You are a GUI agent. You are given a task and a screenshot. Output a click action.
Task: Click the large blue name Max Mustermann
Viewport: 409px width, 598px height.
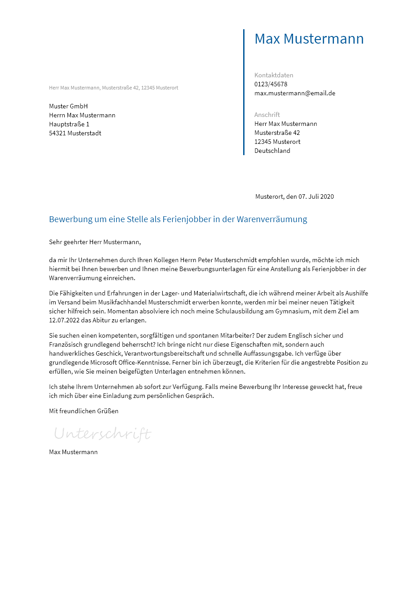pos(309,39)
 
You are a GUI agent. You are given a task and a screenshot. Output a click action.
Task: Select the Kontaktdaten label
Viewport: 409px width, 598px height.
pos(274,75)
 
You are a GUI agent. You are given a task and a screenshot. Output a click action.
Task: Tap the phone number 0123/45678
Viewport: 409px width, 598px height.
pos(271,84)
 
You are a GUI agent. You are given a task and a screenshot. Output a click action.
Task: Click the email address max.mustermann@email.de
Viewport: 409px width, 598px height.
pos(295,93)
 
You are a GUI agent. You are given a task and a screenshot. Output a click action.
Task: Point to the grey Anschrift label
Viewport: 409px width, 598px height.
pos(267,115)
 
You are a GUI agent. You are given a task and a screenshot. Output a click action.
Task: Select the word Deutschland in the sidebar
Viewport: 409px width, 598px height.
pos(272,151)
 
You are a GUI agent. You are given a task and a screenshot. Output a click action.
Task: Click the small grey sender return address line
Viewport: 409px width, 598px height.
pos(113,88)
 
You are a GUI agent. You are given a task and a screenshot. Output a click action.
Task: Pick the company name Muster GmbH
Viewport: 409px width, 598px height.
pos(68,106)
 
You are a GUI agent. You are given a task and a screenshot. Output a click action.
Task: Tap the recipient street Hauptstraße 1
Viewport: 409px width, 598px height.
pos(69,124)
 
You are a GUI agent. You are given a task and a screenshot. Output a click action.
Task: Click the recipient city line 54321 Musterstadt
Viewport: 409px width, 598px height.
pos(75,133)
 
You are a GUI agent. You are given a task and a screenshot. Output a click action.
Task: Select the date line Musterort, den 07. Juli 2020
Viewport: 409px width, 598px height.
pos(294,196)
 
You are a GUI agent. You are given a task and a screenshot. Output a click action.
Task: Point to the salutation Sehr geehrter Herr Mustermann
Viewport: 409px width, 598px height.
pos(95,242)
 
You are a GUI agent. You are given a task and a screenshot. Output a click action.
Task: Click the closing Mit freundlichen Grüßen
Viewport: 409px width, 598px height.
pos(84,411)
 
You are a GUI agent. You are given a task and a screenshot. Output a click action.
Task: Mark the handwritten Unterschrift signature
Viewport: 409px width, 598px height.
pos(102,434)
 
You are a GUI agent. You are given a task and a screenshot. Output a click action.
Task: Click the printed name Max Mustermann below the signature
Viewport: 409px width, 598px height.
pos(73,452)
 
